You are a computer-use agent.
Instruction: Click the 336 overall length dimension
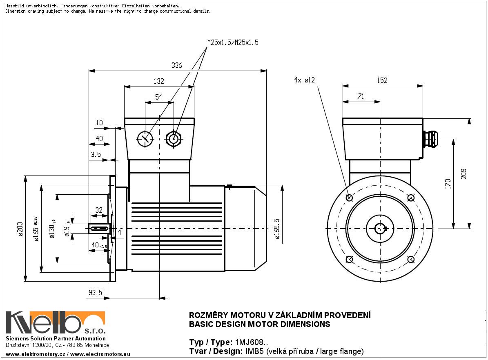176,66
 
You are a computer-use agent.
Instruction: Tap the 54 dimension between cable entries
159,97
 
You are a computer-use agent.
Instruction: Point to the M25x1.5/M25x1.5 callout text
233,42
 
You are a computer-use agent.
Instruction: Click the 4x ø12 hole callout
304,80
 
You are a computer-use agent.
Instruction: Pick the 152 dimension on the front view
382,80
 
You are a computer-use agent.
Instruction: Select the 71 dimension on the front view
361,96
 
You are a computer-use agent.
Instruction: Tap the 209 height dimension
463,174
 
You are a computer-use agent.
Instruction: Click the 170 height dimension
448,184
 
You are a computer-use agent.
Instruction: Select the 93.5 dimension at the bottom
95,292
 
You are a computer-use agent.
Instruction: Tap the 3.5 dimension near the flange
96,155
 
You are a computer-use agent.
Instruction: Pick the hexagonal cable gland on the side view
174,139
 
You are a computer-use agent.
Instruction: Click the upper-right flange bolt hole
411,198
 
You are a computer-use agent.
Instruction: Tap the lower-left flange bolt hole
349,260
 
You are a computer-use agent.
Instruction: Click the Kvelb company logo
55,323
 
